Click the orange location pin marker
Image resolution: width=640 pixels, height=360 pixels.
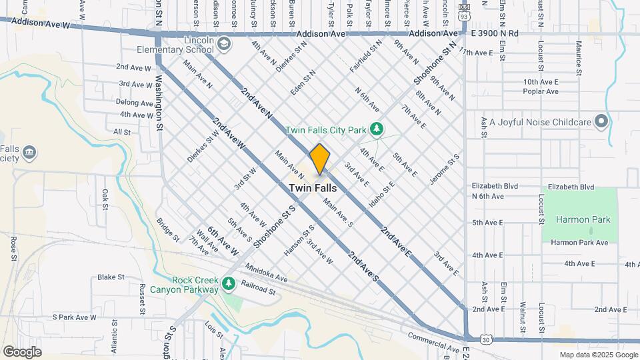click(319, 159)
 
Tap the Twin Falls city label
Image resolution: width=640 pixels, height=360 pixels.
click(313, 189)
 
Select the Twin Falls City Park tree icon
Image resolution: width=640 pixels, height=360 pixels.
click(377, 127)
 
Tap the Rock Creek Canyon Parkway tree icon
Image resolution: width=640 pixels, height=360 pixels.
click(229, 284)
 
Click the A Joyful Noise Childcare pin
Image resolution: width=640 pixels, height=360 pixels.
click(602, 122)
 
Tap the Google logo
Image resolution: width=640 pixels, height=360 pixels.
click(22, 352)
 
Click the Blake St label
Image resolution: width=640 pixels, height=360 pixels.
click(111, 277)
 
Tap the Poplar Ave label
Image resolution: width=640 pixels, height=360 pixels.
click(540, 93)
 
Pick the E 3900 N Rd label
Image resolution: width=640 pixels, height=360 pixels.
click(495, 33)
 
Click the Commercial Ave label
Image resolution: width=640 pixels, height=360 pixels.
click(433, 343)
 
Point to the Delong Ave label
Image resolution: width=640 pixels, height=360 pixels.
click(135, 102)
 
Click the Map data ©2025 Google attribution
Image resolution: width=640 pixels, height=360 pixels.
click(599, 355)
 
